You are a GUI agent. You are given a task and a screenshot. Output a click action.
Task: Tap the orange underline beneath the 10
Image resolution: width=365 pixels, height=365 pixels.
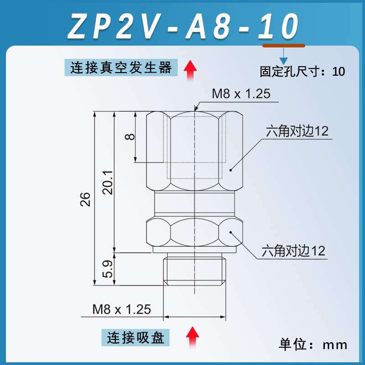pyautogui.click(x=283, y=45)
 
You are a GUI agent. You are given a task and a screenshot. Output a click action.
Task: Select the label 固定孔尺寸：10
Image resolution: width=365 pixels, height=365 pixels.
pyautogui.click(x=302, y=72)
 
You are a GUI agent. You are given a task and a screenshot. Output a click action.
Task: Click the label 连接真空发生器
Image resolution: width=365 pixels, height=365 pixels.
pyautogui.click(x=121, y=68)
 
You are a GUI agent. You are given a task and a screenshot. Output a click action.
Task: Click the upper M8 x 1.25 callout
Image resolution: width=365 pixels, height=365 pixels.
pyautogui.click(x=241, y=94)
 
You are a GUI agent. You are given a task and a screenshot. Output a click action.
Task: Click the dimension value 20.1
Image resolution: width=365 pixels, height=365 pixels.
pyautogui.click(x=108, y=182)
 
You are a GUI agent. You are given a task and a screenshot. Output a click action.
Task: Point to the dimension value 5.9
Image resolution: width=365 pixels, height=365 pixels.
pyautogui.click(x=108, y=269)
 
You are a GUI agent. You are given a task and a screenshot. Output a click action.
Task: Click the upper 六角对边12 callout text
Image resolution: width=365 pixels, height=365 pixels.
pyautogui.click(x=297, y=131)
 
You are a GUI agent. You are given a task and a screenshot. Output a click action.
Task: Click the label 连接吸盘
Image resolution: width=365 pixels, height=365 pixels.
pyautogui.click(x=135, y=338)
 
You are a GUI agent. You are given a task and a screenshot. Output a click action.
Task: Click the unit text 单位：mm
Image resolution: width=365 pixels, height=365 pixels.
pyautogui.click(x=313, y=344)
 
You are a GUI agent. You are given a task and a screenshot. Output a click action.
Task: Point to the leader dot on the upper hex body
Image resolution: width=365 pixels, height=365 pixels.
pyautogui.click(x=231, y=170)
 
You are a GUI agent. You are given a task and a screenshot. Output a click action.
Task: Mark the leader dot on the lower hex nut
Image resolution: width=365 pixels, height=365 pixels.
pyautogui.click(x=231, y=232)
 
